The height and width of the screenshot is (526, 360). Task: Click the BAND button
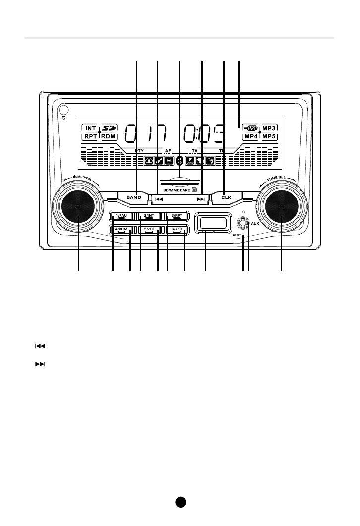(x=134, y=197)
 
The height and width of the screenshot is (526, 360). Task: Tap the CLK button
(x=226, y=197)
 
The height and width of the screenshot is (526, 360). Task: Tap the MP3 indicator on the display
(x=269, y=128)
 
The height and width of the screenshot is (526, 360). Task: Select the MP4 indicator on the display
(x=251, y=136)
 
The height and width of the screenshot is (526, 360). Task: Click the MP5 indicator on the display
(x=269, y=136)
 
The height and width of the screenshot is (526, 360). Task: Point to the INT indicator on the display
(x=90, y=128)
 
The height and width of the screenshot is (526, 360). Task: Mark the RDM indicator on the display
(x=109, y=136)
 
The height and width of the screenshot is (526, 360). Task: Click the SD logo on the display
(x=109, y=128)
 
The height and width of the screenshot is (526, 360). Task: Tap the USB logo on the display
(x=251, y=128)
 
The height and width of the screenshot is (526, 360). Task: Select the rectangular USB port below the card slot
(x=213, y=222)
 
